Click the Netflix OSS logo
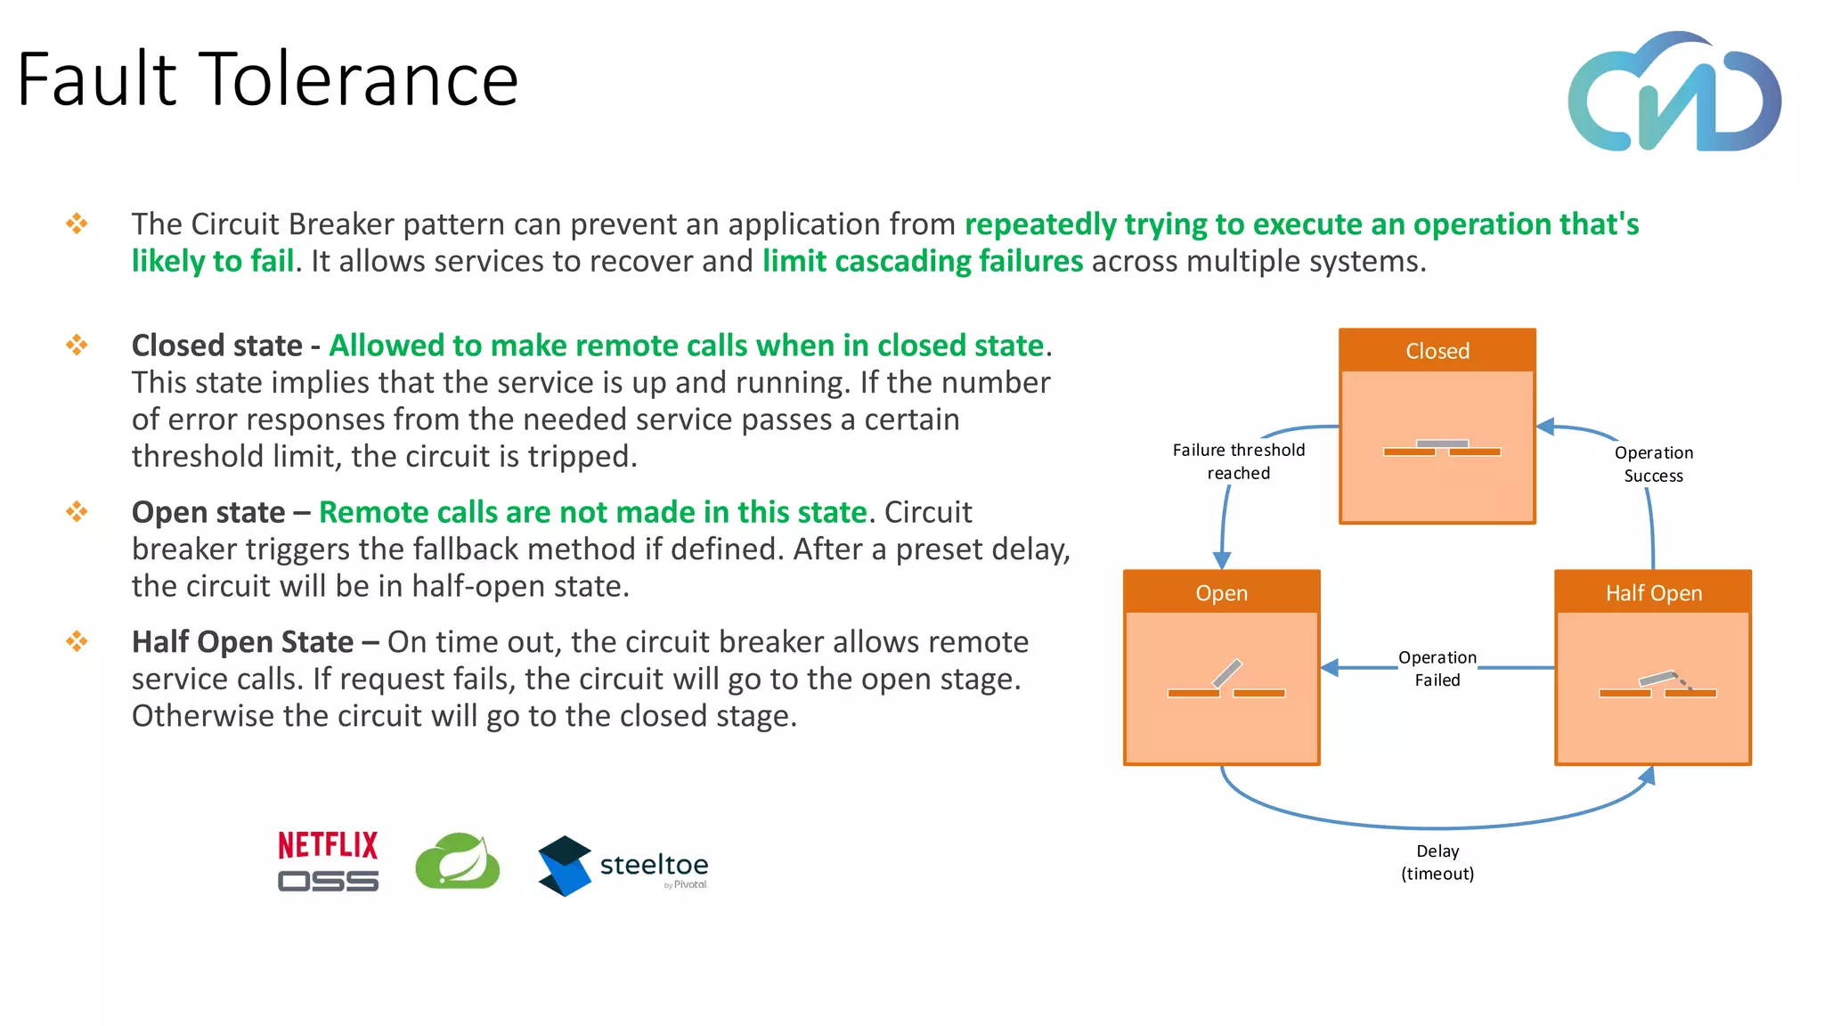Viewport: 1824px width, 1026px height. (328, 861)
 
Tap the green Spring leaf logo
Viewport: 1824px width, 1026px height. (458, 861)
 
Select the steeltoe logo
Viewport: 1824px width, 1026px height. (623, 865)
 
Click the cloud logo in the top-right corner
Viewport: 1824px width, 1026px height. (1674, 93)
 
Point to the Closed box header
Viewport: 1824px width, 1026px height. (1437, 351)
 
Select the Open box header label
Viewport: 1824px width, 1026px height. (1221, 593)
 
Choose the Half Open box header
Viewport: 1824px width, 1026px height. (1653, 593)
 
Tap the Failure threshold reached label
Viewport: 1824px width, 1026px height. (1238, 461)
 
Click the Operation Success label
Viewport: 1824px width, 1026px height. (1653, 464)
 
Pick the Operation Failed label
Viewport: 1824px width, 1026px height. (1437, 669)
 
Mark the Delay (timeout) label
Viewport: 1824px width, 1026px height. (1437, 862)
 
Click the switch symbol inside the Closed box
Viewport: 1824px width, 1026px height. (1441, 448)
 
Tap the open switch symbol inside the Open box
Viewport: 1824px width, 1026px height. (1226, 681)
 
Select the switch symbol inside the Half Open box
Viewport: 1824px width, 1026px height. (1657, 685)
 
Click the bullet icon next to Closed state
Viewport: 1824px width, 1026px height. (77, 345)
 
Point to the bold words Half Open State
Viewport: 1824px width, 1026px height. (242, 642)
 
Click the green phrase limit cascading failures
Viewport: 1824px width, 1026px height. (923, 261)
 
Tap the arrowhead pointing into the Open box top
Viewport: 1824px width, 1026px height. (1222, 560)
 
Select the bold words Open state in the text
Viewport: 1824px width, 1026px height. (208, 512)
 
